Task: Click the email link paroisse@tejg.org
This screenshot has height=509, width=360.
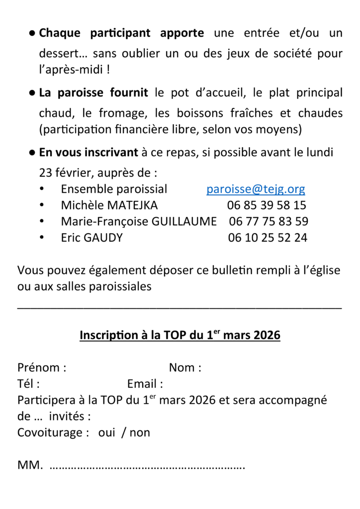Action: pyautogui.click(x=256, y=189)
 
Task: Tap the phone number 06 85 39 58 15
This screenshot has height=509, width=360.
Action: pyautogui.click(x=267, y=205)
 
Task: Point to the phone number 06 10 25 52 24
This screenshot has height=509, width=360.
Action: pyautogui.click(x=268, y=238)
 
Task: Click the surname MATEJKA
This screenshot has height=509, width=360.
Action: pyautogui.click(x=133, y=205)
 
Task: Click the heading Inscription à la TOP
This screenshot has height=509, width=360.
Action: pyautogui.click(x=180, y=336)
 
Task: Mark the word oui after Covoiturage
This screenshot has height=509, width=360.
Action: pyautogui.click(x=106, y=432)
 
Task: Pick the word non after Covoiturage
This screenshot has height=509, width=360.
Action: pyautogui.click(x=140, y=432)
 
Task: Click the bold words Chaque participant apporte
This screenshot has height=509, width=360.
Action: pyautogui.click(x=121, y=34)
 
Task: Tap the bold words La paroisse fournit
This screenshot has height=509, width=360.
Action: pyautogui.click(x=93, y=93)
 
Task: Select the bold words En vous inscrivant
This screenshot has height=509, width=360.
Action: pyautogui.click(x=88, y=153)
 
